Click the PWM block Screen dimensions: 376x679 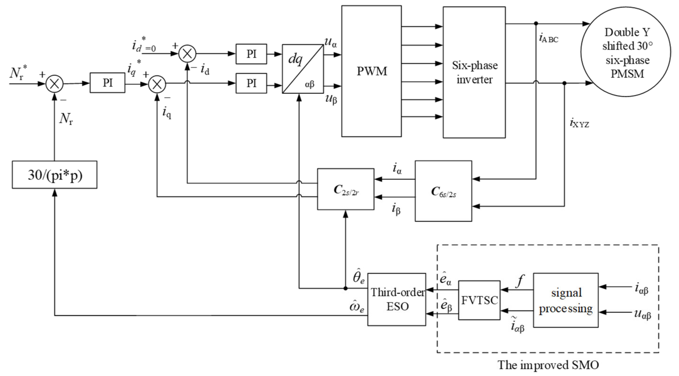tap(371, 71)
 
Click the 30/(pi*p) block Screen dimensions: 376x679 tap(55, 175)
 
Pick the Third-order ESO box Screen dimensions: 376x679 tap(397, 299)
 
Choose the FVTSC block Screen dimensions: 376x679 tap(479, 300)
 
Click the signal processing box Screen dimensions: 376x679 tap(566, 300)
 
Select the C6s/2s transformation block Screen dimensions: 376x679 tap(443, 191)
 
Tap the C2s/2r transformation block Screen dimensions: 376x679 tap(346, 189)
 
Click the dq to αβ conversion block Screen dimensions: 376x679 tap(303, 69)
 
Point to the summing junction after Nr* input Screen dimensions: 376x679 tap(55, 84)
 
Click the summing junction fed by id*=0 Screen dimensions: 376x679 tap(187, 53)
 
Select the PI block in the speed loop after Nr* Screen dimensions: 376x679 tap(108, 83)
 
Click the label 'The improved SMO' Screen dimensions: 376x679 tap(548, 365)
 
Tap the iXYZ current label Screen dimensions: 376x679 tap(579, 123)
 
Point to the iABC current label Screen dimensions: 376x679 tap(548, 39)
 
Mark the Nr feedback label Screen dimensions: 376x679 tap(66, 119)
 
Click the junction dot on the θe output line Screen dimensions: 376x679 tap(346, 289)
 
